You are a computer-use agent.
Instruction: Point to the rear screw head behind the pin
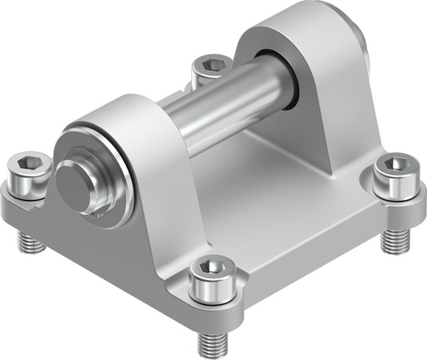[210, 67]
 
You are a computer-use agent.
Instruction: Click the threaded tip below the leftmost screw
[29, 242]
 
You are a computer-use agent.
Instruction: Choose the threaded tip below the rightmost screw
[389, 240]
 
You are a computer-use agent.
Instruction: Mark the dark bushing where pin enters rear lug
[284, 79]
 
